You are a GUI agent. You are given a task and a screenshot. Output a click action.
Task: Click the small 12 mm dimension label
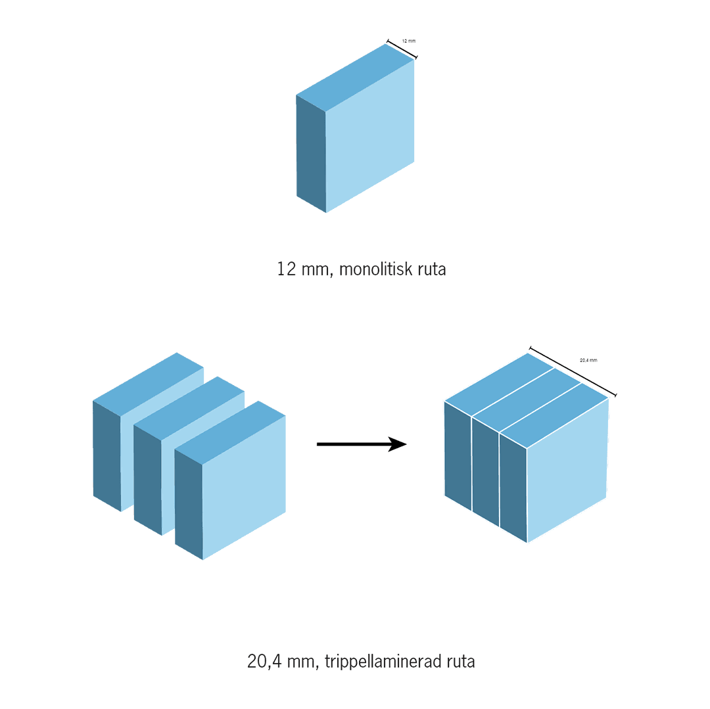tap(408, 41)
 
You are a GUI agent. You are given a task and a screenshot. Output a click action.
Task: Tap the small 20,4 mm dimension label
tap(588, 360)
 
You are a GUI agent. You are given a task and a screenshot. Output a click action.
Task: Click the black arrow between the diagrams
tap(362, 444)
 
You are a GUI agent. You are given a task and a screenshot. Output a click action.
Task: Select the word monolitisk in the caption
tap(376, 269)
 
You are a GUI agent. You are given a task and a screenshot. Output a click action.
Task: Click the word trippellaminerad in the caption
tap(383, 662)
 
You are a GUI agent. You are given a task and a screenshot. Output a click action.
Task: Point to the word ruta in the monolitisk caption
tap(431, 269)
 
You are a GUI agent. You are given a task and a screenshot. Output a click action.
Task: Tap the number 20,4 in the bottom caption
tap(265, 662)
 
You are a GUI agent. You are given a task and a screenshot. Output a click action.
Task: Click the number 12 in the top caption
tap(286, 269)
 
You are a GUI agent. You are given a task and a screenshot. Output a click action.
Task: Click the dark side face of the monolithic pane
tap(311, 154)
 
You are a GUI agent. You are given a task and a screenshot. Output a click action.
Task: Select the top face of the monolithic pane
tap(355, 78)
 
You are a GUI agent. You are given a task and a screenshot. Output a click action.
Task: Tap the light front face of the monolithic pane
tap(370, 136)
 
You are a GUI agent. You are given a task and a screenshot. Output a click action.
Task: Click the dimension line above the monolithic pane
tap(402, 49)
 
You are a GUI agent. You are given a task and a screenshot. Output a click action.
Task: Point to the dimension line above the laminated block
tap(573, 372)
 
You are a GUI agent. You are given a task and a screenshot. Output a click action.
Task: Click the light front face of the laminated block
tap(567, 470)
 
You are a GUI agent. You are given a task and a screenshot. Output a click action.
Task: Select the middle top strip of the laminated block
tap(527, 400)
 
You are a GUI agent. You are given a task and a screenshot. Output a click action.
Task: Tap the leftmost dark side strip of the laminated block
tap(458, 456)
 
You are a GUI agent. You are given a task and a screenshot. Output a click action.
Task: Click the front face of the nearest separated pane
tap(244, 488)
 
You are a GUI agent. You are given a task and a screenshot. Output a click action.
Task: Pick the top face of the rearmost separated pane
tap(148, 384)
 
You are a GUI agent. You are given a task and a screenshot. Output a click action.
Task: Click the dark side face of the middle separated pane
tap(148, 480)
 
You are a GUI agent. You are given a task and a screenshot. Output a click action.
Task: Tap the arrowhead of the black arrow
tap(398, 444)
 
